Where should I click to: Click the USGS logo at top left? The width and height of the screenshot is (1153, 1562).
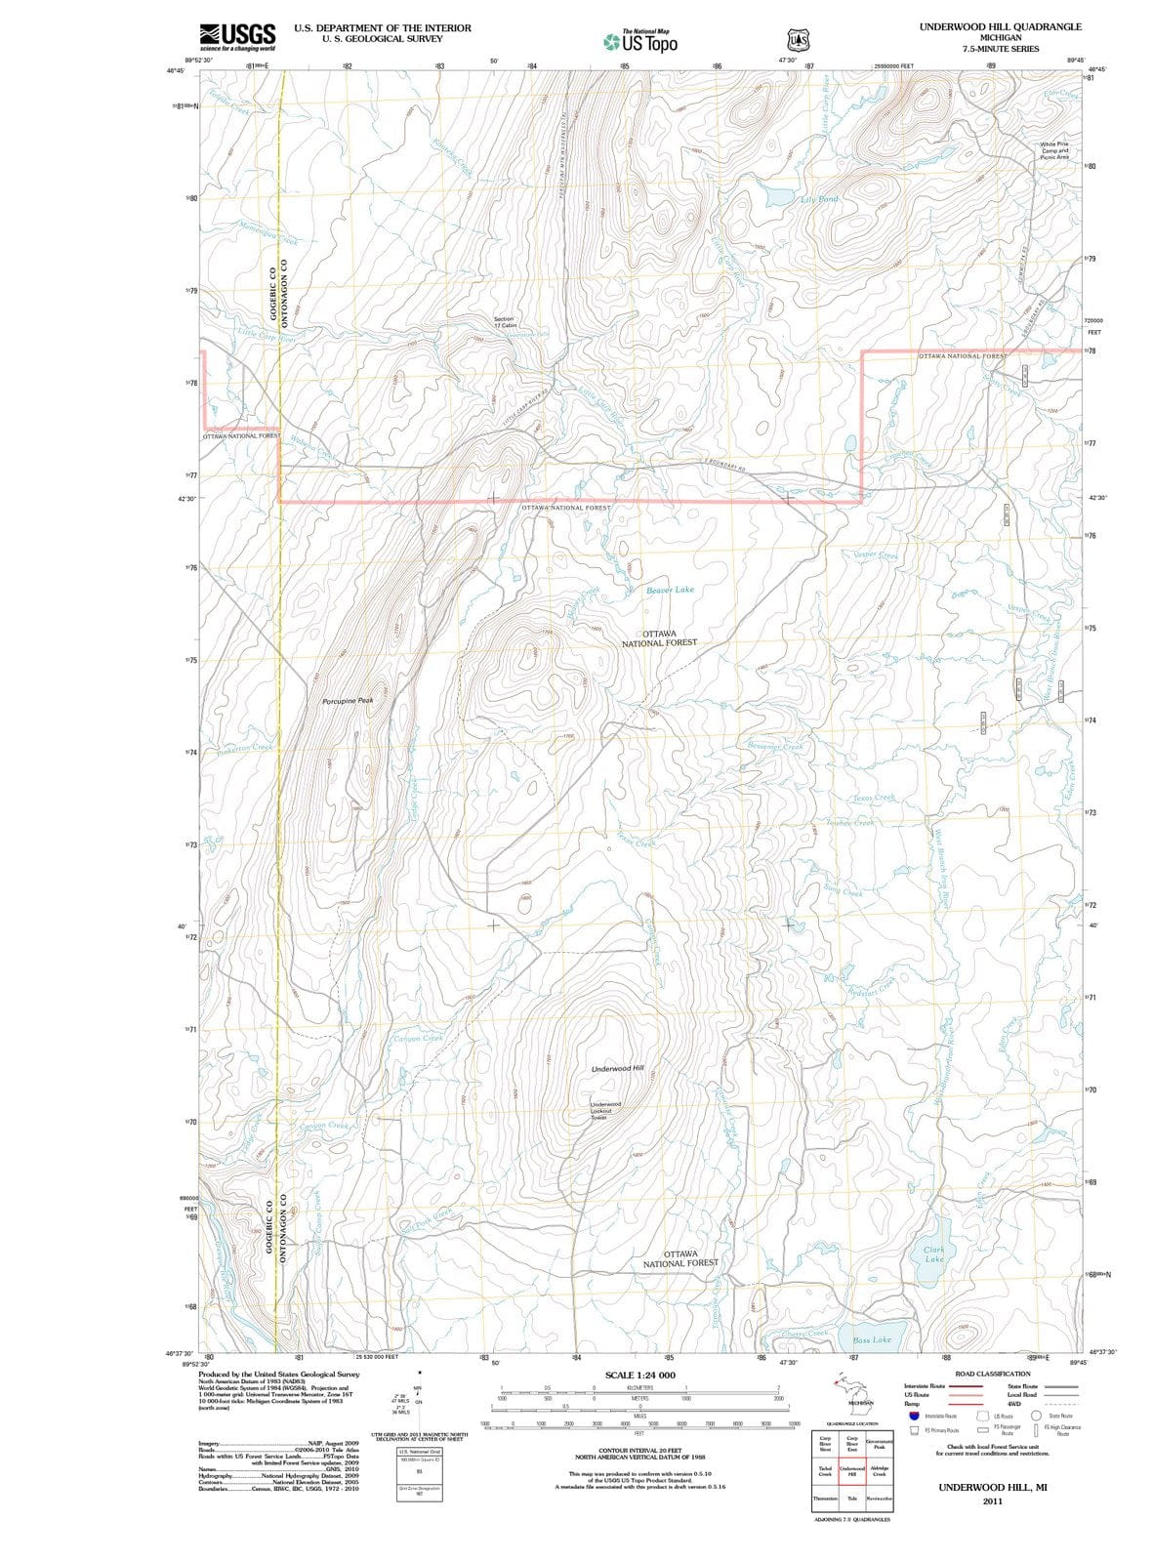237,35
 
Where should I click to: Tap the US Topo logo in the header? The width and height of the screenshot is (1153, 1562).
640,41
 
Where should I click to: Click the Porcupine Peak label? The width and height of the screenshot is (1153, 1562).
348,701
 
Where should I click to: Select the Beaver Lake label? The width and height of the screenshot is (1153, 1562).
670,590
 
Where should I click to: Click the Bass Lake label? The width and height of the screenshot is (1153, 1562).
872,1340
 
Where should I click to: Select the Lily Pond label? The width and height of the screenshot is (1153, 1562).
818,199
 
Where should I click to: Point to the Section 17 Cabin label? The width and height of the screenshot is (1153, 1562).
504,323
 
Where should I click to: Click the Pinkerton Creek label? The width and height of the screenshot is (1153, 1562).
244,749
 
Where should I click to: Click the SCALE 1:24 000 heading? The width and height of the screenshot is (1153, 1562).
639,1375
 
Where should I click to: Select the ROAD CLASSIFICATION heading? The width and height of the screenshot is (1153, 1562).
992,1374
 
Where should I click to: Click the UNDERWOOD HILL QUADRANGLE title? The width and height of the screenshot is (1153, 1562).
1000,26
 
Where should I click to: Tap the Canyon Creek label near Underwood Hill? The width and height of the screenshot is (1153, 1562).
418,1038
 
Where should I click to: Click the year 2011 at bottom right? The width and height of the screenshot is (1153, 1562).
992,1500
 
